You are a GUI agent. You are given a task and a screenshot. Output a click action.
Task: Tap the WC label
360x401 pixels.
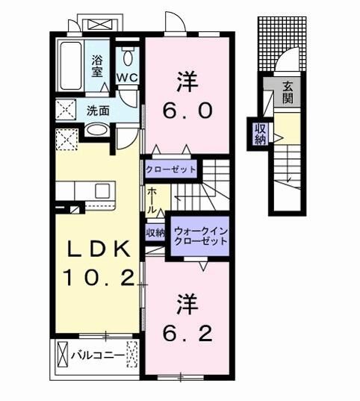click(125, 76)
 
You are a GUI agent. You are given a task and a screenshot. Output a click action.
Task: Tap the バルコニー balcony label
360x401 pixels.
click(97, 354)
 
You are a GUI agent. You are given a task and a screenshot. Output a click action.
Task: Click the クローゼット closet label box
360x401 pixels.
click(171, 170)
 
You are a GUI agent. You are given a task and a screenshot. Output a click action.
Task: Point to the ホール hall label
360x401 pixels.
click(152, 200)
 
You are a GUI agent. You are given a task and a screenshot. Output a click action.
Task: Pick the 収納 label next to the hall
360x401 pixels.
click(155, 233)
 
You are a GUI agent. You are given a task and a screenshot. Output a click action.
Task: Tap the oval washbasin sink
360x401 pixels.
click(96, 131)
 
